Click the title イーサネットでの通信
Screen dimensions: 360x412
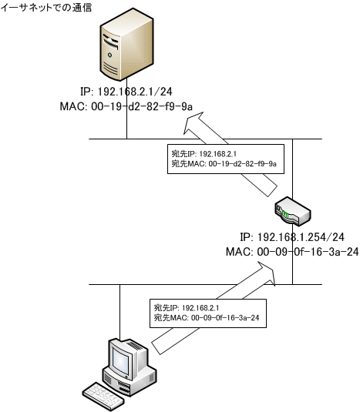46,7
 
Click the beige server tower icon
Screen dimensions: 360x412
126,44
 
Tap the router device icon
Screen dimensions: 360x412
293,212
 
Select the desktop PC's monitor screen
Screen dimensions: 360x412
122,360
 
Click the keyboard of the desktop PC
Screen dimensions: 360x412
103,397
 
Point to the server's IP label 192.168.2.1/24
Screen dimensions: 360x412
126,92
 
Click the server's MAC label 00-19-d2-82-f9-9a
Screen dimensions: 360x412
126,106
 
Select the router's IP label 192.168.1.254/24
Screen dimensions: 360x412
292,237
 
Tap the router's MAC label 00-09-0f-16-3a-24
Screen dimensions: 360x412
292,252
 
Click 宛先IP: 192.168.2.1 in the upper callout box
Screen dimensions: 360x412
204,154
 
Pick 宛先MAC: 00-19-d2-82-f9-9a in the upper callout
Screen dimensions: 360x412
224,164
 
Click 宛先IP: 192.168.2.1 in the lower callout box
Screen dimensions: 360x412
187,308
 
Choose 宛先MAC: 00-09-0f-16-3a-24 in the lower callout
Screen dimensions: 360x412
207,318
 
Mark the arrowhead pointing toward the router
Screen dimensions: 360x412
266,273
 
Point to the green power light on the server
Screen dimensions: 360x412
109,55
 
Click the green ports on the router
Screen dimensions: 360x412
285,215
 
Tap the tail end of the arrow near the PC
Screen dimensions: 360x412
156,348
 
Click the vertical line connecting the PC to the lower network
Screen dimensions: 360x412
120,313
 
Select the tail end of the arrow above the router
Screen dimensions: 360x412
273,192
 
